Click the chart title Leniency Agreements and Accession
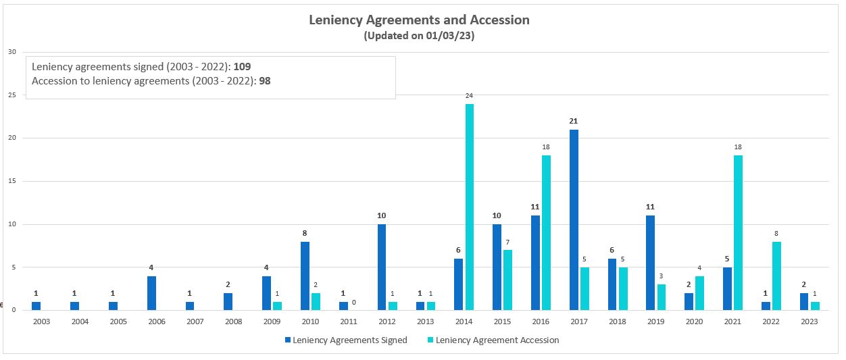point(419,20)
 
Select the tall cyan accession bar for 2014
point(469,207)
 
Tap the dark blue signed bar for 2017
point(574,220)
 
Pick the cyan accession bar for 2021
point(737,232)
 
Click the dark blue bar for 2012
point(382,267)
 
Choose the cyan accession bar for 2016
point(546,232)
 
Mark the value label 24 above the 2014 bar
point(469,96)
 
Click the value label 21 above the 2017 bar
point(574,121)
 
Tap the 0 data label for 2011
point(353,302)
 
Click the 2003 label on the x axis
point(41,322)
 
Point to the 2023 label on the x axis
point(809,322)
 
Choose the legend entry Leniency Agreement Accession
point(497,340)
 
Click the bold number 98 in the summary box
point(265,80)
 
